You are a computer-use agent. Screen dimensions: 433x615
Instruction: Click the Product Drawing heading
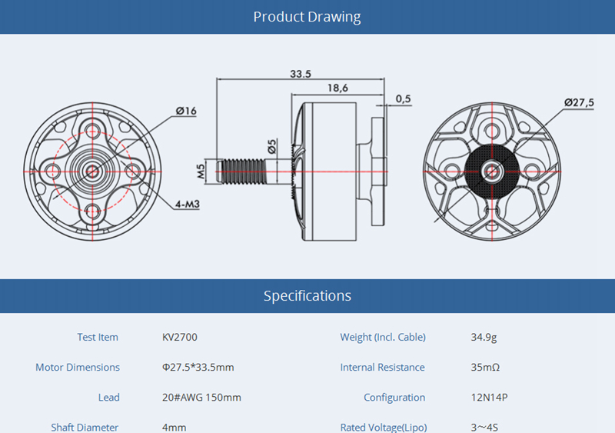[307, 17]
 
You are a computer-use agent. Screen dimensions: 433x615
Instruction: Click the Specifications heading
[307, 295]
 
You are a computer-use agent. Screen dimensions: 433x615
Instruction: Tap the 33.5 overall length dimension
[301, 74]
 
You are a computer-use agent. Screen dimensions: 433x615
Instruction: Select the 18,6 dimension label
[337, 88]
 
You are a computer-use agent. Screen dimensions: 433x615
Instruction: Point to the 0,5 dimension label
[403, 98]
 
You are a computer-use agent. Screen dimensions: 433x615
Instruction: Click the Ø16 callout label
[186, 111]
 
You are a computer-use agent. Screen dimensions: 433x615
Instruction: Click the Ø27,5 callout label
[579, 102]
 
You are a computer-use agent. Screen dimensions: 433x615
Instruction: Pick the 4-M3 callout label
[188, 205]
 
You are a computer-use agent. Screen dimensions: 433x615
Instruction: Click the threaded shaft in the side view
[243, 171]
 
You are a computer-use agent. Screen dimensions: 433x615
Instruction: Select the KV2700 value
[180, 337]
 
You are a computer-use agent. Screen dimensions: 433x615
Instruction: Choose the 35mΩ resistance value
[485, 367]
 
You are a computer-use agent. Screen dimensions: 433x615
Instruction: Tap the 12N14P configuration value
[490, 397]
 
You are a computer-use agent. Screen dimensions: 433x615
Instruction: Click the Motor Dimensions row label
[78, 367]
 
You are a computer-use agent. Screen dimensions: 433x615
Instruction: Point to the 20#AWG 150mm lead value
[201, 397]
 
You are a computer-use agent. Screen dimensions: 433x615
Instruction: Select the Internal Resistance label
[382, 367]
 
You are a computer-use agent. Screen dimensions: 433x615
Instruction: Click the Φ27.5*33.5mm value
[198, 367]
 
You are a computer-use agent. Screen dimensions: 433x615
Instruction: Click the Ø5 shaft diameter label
[272, 145]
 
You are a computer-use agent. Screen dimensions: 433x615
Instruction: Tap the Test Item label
[98, 337]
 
